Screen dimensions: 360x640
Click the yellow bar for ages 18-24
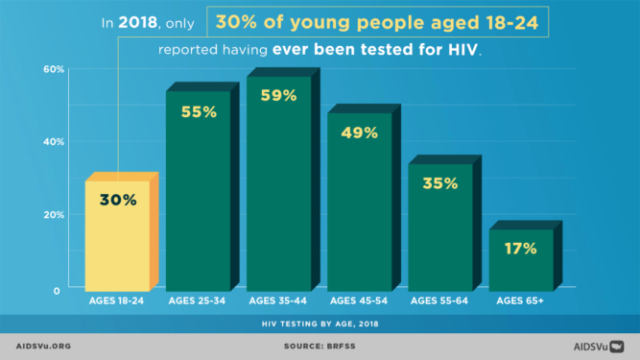[117, 235]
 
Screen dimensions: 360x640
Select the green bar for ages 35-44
[279, 182]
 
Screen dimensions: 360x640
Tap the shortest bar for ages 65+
[521, 259]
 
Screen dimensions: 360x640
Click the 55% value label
[199, 111]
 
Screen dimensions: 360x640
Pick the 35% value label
[440, 183]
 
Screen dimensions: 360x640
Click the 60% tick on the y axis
[53, 69]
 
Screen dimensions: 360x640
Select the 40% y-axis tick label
[53, 142]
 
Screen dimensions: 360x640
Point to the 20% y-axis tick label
[53, 215]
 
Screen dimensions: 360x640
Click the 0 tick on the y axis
[57, 289]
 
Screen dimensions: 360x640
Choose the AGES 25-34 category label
[199, 302]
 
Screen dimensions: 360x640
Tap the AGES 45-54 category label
[360, 302]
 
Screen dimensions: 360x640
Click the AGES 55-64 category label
[440, 302]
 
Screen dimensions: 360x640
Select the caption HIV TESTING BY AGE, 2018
[320, 324]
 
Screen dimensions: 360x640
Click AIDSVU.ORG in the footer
[44, 346]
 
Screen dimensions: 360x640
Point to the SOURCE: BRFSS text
[320, 346]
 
